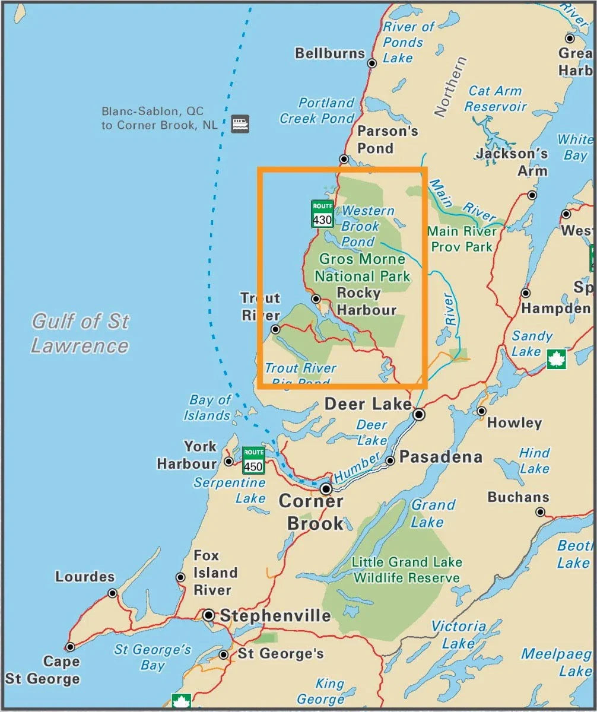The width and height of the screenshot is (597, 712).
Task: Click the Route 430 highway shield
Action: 322,214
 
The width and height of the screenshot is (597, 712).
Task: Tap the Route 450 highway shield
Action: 253,461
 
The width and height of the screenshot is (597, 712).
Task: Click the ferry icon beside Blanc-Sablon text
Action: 240,123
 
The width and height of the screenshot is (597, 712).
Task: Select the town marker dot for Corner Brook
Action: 326,489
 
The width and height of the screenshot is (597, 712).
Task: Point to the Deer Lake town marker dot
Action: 419,414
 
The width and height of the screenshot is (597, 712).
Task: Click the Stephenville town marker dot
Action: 209,615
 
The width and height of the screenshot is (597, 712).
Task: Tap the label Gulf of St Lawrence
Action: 80,333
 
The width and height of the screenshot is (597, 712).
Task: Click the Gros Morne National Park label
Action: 362,268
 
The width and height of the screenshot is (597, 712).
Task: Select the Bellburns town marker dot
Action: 372,63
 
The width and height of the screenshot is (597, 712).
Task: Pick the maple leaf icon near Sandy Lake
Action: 556,359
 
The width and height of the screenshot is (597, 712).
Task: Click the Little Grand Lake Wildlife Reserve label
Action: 407,570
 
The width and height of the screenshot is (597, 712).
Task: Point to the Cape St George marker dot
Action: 70,647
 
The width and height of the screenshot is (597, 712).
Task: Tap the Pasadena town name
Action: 440,457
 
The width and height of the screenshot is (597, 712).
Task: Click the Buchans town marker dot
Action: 540,512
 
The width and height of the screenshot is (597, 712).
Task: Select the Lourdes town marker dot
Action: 113,593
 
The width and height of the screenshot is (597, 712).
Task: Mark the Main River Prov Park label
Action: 461,239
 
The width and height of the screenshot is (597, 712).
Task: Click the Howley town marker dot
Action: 481,411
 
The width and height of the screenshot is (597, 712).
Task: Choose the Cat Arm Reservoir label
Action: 495,99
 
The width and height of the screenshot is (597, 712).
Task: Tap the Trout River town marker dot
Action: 275,329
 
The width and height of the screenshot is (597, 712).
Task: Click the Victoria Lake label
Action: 458,635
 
